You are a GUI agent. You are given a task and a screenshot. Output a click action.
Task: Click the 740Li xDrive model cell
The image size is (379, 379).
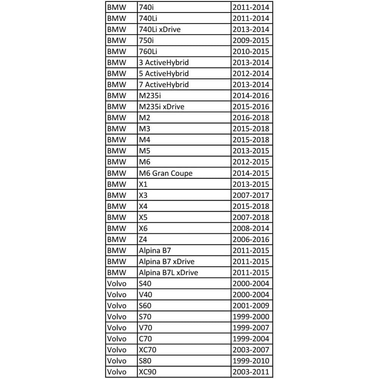pyautogui.click(x=160, y=29)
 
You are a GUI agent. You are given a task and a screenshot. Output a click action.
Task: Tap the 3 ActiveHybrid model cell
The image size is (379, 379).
pyautogui.click(x=164, y=63)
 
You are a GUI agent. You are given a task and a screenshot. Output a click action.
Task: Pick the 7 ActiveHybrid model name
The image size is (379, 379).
pyautogui.click(x=164, y=85)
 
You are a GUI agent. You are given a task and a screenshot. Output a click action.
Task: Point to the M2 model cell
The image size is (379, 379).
pyautogui.click(x=145, y=118)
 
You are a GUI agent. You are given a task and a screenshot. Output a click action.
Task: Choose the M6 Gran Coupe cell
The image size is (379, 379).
pyautogui.click(x=166, y=173)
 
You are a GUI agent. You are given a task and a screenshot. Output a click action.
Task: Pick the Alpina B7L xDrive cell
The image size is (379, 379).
pyautogui.click(x=168, y=273)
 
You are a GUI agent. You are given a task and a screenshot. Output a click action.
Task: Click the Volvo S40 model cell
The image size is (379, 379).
pyautogui.click(x=146, y=283)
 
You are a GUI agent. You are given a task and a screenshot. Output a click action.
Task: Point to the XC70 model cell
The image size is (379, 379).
pyautogui.click(x=147, y=350)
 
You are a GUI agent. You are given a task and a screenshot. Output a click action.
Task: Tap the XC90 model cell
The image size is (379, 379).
pyautogui.click(x=147, y=372)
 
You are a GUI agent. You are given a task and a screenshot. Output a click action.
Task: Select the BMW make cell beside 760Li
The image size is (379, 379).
pyautogui.click(x=117, y=52)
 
